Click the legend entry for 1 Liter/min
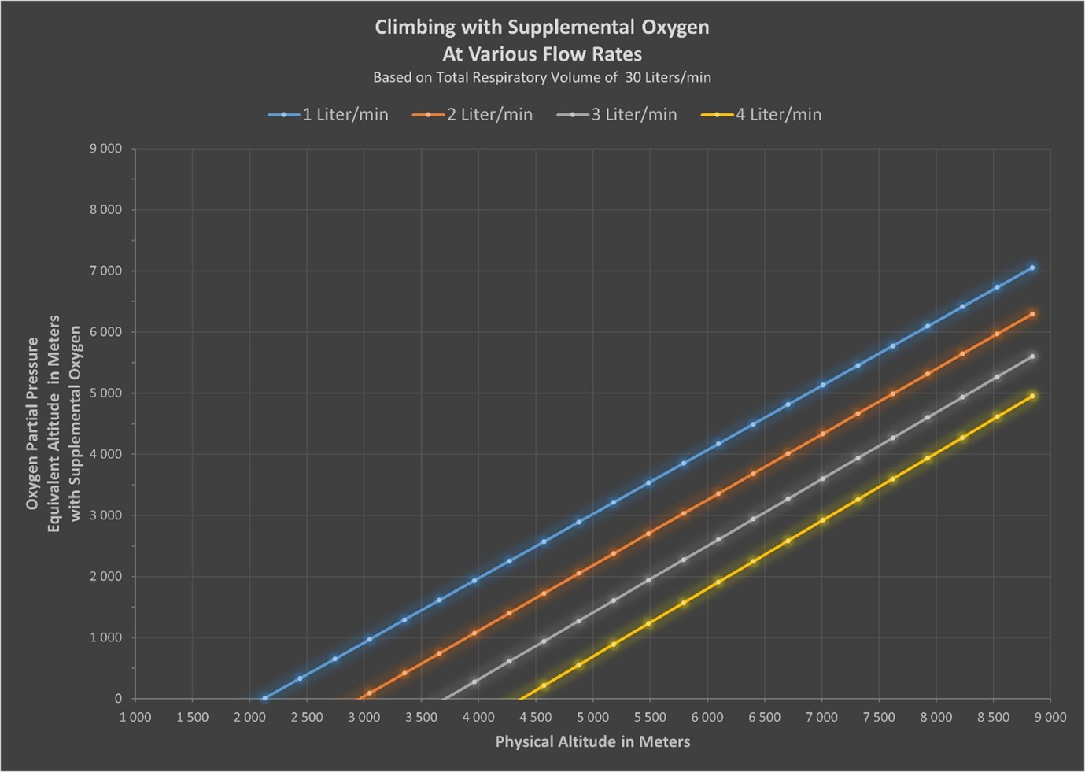(x=328, y=115)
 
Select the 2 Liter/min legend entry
(x=473, y=115)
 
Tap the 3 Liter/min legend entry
(x=617, y=115)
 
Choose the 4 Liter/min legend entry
(x=762, y=115)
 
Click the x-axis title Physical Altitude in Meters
(x=592, y=741)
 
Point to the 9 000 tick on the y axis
(x=105, y=149)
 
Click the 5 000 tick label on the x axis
(x=592, y=717)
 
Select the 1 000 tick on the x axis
(x=135, y=717)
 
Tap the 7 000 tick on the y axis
(x=105, y=271)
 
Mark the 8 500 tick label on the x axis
(x=993, y=717)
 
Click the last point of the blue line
(x=1032, y=268)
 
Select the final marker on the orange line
(x=1032, y=314)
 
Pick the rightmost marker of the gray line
(x=1032, y=356)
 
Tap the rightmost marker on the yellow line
(x=1032, y=396)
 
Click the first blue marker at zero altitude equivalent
(x=264, y=698)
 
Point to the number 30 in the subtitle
(x=633, y=77)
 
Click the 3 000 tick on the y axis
(x=105, y=515)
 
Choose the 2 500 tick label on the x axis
(x=307, y=717)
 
